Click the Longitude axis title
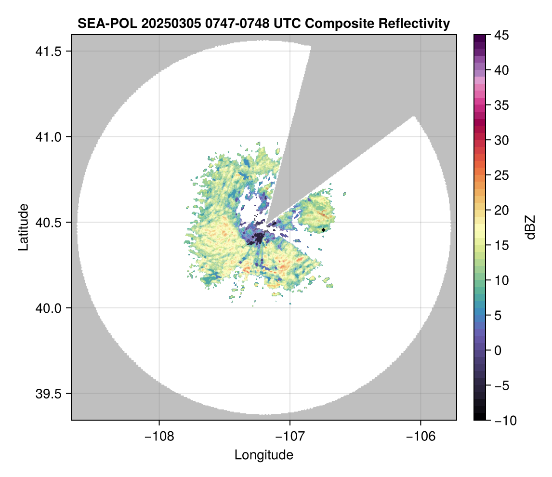264,455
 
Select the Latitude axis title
23,227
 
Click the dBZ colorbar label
530,227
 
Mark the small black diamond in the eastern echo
324,230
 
